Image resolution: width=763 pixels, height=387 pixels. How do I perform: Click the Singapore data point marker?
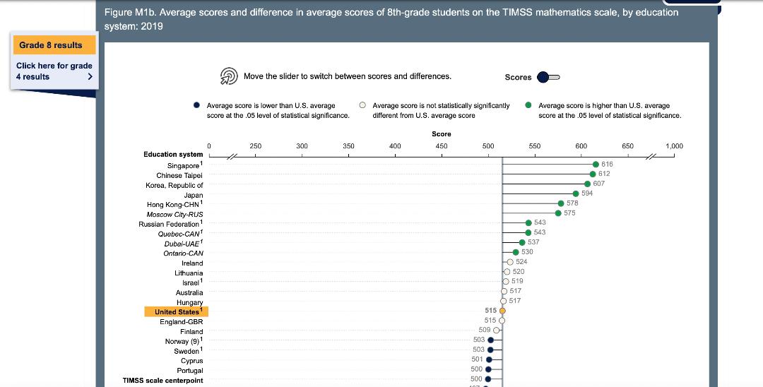(x=596, y=164)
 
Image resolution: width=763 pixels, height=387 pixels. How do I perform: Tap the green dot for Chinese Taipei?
(x=593, y=174)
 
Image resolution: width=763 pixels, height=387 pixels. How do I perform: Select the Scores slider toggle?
(x=548, y=77)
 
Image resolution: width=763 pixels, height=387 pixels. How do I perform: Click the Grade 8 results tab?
(x=51, y=45)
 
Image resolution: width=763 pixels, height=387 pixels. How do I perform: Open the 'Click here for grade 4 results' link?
(x=54, y=71)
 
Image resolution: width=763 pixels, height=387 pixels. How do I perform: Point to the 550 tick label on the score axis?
(x=534, y=146)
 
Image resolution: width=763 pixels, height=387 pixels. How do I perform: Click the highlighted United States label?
(x=177, y=311)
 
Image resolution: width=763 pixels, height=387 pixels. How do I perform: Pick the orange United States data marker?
(x=502, y=311)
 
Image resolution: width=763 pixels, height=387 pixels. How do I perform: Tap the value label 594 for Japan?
(x=587, y=194)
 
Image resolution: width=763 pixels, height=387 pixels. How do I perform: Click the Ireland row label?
(x=191, y=263)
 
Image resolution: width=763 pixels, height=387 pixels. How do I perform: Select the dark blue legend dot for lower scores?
(x=196, y=105)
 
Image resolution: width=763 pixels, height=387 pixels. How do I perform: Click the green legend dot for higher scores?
(x=528, y=105)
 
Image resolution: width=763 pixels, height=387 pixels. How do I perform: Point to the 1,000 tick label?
(x=674, y=146)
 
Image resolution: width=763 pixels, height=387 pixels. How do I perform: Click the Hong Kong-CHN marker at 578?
(x=560, y=203)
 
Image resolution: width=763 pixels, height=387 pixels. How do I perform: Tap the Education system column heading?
(x=173, y=154)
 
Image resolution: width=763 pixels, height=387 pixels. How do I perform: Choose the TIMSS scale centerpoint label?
(x=162, y=381)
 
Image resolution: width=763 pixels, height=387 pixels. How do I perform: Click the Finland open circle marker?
(x=497, y=330)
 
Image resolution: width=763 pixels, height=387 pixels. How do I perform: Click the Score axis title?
(x=441, y=133)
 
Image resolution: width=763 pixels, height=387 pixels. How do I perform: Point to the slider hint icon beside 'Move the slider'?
(x=228, y=76)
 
